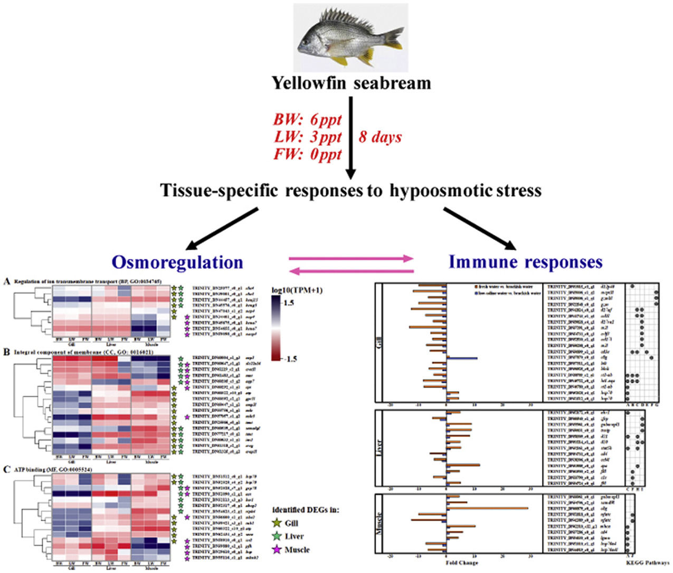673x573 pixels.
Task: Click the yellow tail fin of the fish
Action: click(394, 38)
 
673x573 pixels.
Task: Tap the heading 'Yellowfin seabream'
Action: click(351, 83)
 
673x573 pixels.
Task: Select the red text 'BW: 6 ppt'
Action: click(307, 120)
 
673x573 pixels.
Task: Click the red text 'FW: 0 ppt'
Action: click(307, 154)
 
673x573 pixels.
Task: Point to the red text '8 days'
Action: click(380, 137)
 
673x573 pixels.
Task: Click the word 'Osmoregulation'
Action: click(177, 262)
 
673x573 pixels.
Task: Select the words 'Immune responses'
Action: click(525, 262)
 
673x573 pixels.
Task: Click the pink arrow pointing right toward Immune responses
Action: click(351, 258)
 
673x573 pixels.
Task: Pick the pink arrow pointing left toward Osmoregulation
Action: click(351, 271)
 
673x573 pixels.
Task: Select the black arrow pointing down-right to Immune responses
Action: click(479, 228)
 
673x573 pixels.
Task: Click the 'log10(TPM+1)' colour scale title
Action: click(297, 290)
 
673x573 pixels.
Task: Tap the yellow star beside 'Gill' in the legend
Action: click(277, 523)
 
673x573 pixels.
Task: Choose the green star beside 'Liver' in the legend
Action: click(277, 536)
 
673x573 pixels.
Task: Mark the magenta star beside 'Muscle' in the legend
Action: click(277, 550)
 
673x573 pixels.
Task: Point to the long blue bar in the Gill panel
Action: click(462, 358)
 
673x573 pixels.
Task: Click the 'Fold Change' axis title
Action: click(462, 562)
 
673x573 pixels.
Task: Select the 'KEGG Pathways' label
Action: click(647, 562)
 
